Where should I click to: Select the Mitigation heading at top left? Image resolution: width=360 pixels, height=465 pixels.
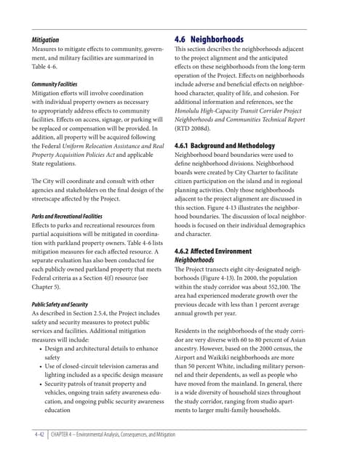(45, 40)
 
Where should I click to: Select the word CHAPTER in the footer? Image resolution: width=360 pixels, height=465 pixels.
(70, 434)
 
